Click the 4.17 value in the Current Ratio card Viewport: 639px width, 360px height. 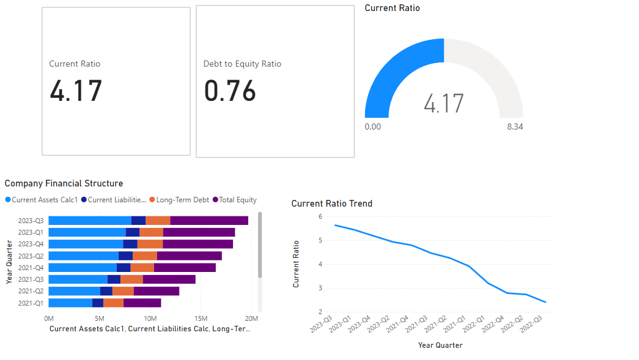pyautogui.click(x=76, y=92)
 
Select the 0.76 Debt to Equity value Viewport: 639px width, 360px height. pyautogui.click(x=230, y=92)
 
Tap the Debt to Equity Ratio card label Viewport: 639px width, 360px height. pyautogui.click(x=242, y=64)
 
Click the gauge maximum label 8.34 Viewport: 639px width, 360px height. pyautogui.click(x=515, y=127)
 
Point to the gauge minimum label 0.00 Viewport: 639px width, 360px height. pyautogui.click(x=372, y=127)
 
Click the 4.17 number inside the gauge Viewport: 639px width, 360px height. pyautogui.click(x=444, y=103)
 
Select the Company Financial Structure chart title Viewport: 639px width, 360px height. pyautogui.click(x=64, y=183)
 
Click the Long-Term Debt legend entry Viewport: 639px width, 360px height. pyautogui.click(x=182, y=200)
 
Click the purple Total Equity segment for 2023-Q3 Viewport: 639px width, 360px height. pyautogui.click(x=209, y=221)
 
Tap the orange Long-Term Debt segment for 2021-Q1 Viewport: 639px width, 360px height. pyautogui.click(x=113, y=303)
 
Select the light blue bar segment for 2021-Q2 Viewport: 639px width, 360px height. pyautogui.click(x=74, y=291)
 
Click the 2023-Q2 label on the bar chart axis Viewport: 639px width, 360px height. pyautogui.click(x=31, y=256)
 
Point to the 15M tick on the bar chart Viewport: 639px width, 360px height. pyautogui.click(x=201, y=318)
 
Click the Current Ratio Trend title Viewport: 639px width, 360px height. pyautogui.click(x=331, y=204)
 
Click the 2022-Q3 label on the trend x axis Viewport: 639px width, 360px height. pyautogui.click(x=531, y=324)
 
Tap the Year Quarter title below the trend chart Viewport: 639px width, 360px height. pyautogui.click(x=440, y=345)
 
